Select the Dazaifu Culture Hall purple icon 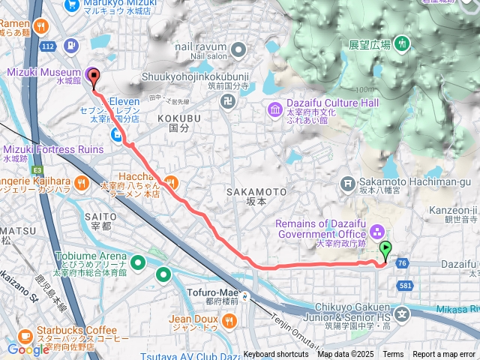pyautogui.click(x=274, y=110)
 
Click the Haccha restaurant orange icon pyautogui.click(x=172, y=182)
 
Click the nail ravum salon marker pyautogui.click(x=238, y=51)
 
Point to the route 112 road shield pyautogui.click(x=48, y=46)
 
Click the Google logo pyautogui.click(x=28, y=349)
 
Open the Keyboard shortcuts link pyautogui.click(x=275, y=355)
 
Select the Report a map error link pyautogui.click(x=444, y=355)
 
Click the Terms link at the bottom pyautogui.click(x=393, y=355)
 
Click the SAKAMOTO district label pyautogui.click(x=256, y=193)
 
